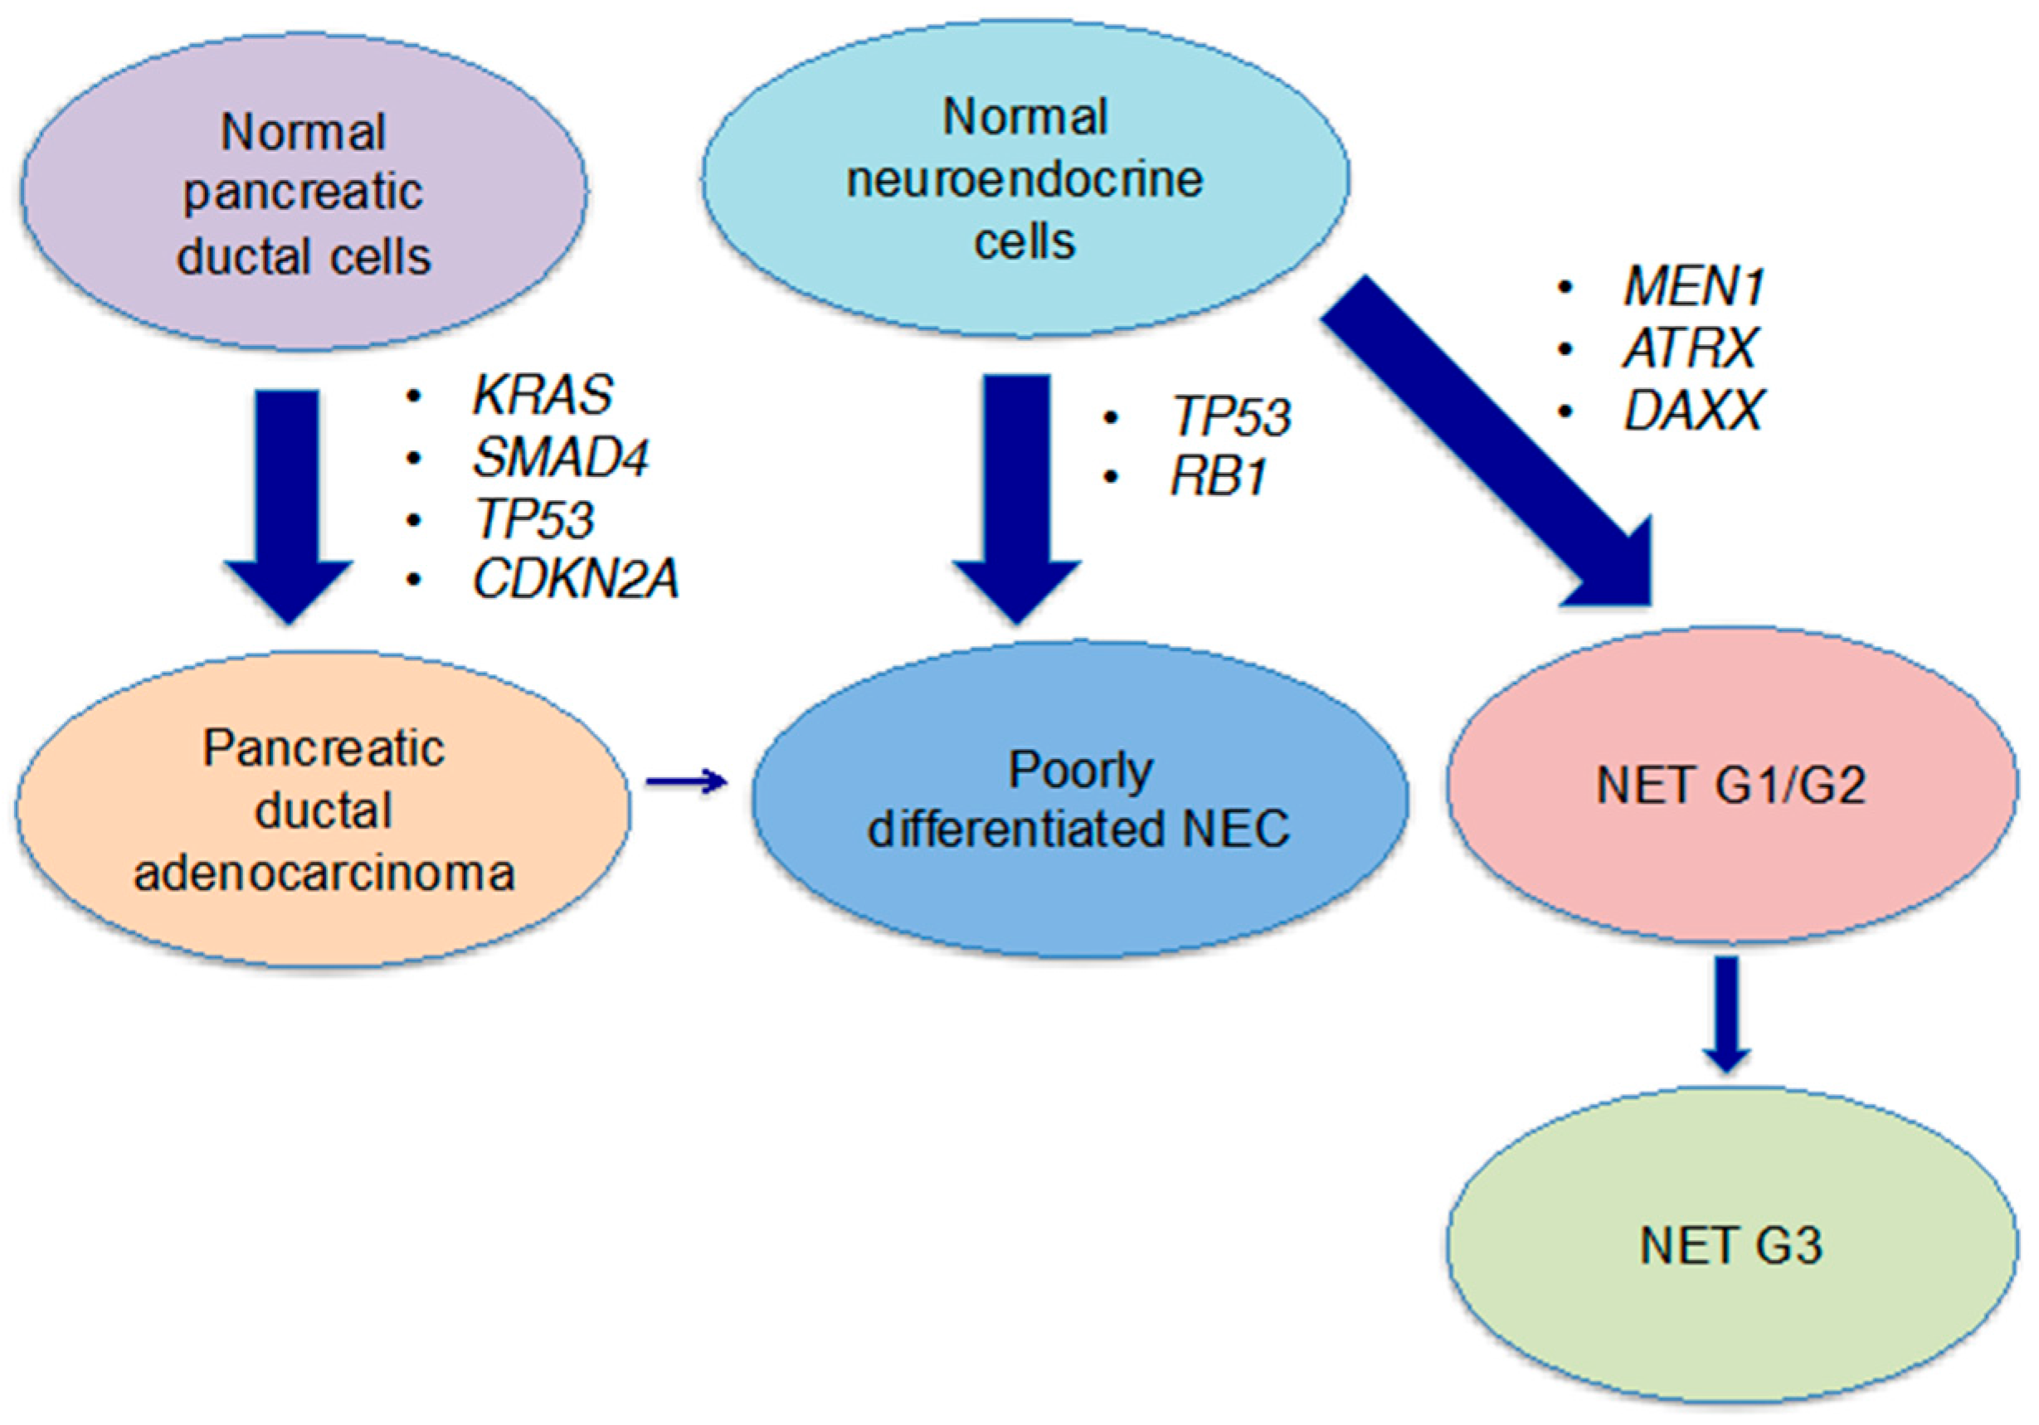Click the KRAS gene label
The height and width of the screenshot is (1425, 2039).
pyautogui.click(x=542, y=394)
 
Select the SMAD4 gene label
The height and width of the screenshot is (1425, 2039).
pyautogui.click(x=559, y=457)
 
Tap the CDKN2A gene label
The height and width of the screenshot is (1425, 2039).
pyautogui.click(x=576, y=580)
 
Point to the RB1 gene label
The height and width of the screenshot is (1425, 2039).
pyautogui.click(x=1219, y=478)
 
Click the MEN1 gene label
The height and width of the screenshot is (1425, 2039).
pyautogui.click(x=1692, y=287)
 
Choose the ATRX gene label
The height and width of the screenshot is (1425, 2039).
pyautogui.click(x=1689, y=348)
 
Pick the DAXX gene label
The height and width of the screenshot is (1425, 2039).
pyautogui.click(x=1692, y=411)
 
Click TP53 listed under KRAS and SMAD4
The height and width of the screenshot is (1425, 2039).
pyautogui.click(x=533, y=518)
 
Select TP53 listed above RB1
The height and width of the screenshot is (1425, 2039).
pyautogui.click(x=1231, y=416)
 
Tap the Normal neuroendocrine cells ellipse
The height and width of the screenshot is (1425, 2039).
pyautogui.click(x=1025, y=178)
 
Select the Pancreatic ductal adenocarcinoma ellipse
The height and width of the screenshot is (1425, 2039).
pyautogui.click(x=324, y=810)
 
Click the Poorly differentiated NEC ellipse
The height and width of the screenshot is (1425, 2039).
pyautogui.click(x=1079, y=799)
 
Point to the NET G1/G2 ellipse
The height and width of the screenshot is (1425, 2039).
pyautogui.click(x=1732, y=785)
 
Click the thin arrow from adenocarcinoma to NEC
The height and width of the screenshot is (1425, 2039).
pyautogui.click(x=685, y=781)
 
